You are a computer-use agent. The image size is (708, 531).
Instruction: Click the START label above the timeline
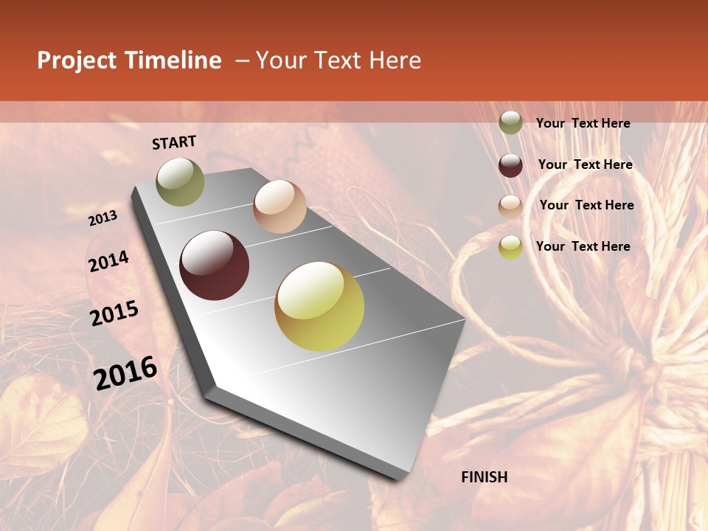click(174, 142)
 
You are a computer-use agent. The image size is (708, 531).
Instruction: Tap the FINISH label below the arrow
click(484, 477)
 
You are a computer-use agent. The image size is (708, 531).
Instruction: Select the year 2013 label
click(103, 218)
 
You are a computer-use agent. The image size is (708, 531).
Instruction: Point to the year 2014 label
click(108, 262)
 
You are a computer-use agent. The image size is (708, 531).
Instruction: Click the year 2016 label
click(125, 372)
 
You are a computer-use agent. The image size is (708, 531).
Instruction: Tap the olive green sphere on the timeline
click(180, 181)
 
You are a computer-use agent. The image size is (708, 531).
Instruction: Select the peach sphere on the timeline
click(280, 206)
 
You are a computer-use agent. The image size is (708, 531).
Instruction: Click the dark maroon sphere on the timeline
click(215, 265)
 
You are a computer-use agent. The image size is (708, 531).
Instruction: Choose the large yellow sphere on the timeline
click(319, 306)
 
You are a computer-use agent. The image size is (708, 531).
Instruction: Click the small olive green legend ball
click(510, 122)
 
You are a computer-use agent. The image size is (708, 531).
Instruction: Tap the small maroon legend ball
click(510, 165)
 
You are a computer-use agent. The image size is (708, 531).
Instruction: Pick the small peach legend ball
click(510, 206)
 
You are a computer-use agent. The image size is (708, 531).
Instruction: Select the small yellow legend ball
click(510, 247)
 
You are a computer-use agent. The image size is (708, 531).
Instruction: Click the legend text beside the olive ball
click(583, 123)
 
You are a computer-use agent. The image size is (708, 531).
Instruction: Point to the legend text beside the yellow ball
click(583, 246)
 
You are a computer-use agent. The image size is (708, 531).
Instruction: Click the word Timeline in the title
click(173, 60)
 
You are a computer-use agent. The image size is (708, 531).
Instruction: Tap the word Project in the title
click(77, 60)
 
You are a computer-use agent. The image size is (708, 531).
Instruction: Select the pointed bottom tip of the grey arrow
click(402, 478)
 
